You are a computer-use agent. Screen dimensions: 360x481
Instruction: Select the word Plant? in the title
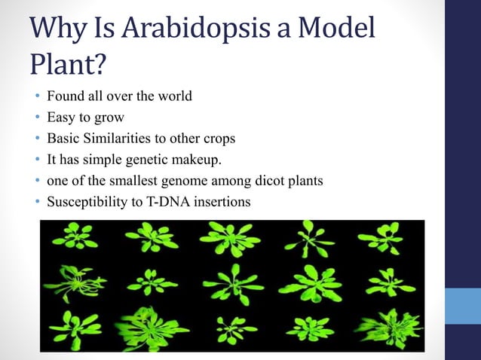[x=69, y=66]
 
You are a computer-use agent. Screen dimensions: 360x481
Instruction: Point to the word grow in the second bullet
[x=109, y=117]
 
